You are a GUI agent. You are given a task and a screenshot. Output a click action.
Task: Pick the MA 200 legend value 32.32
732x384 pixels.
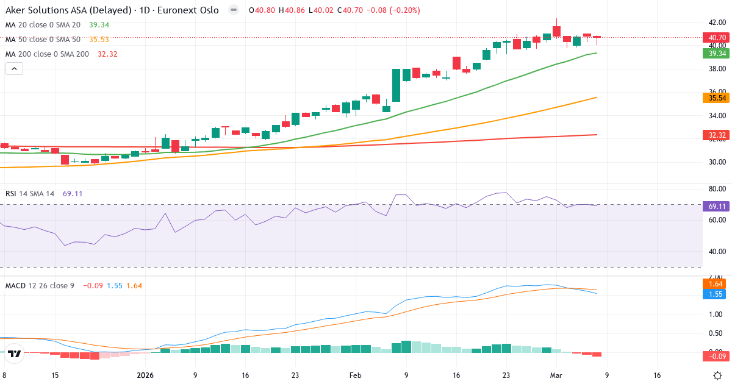tap(107, 54)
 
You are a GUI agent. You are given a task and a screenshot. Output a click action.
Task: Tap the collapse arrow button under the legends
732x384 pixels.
tap(14, 69)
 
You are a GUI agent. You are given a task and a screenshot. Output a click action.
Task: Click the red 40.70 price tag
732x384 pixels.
tap(717, 37)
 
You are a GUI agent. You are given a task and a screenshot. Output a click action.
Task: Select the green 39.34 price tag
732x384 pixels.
tap(717, 53)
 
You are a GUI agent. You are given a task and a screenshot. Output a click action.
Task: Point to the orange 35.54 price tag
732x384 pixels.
tap(717, 98)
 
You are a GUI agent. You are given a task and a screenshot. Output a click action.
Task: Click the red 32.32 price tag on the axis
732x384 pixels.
tap(717, 135)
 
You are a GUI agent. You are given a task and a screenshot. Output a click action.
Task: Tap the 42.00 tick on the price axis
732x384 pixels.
tap(716, 23)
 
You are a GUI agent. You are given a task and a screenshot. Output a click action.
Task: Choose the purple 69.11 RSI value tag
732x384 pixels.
tap(717, 206)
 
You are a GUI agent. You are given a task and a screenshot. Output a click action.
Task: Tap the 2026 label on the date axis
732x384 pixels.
tap(145, 375)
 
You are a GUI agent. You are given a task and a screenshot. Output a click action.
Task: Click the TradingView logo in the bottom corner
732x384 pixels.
tap(15, 354)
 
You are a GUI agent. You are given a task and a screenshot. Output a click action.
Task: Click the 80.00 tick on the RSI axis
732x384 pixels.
tap(716, 189)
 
